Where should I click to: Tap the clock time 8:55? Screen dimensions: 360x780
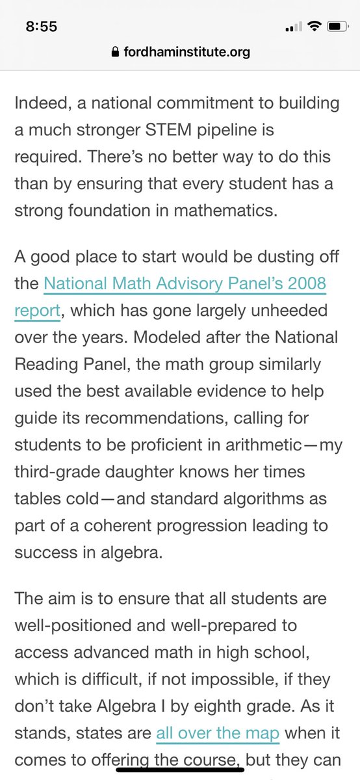point(42,27)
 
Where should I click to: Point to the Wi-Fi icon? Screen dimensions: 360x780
point(314,27)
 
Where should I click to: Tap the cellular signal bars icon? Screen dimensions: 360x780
point(294,27)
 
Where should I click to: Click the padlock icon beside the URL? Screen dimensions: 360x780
point(116,53)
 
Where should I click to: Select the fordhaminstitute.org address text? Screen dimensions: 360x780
point(186,52)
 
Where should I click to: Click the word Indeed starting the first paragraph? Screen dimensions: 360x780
point(42,103)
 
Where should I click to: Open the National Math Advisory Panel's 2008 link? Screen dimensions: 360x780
point(185,284)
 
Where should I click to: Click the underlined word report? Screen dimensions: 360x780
point(37,311)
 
